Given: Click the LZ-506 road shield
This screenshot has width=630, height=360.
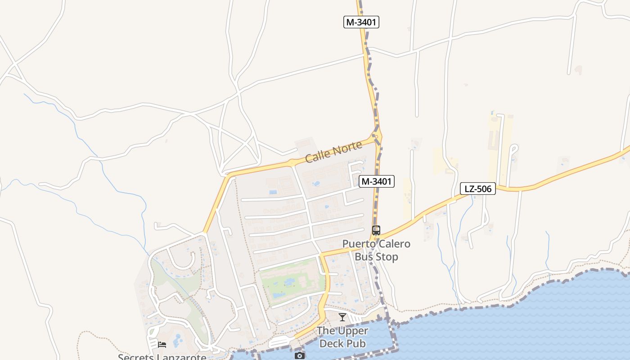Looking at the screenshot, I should click(x=477, y=189).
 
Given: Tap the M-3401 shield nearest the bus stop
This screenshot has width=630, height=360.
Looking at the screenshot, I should click(x=377, y=181).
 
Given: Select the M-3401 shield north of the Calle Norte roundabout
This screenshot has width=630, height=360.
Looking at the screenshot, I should click(x=361, y=22).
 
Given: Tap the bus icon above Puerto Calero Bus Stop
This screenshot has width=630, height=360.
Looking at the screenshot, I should click(x=376, y=230).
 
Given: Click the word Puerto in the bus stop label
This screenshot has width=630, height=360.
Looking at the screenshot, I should click(x=358, y=244).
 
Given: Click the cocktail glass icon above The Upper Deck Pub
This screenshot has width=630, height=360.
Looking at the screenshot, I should click(x=342, y=317).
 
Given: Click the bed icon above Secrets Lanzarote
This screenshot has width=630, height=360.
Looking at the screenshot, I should click(x=162, y=344).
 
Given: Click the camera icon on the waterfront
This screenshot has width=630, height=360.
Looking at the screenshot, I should click(x=299, y=355).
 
